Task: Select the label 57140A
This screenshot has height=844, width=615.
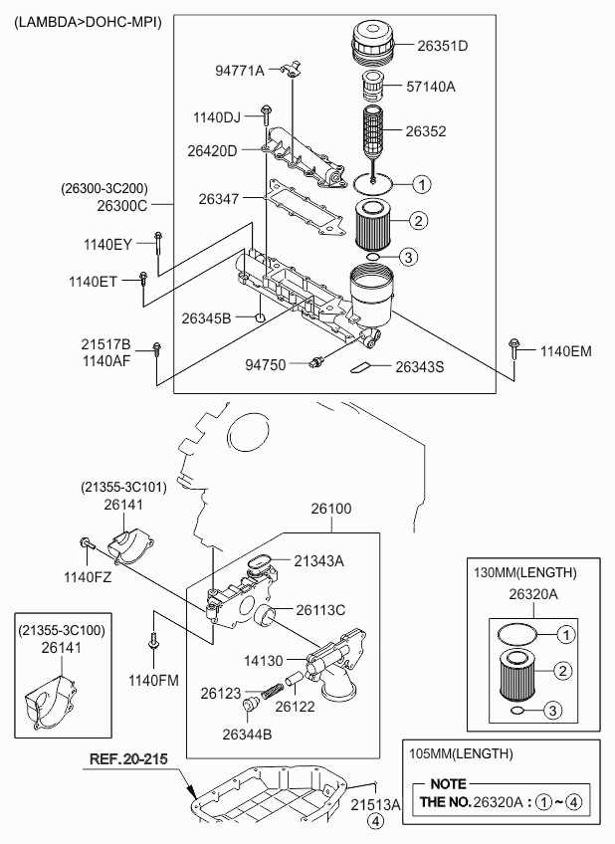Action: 430,87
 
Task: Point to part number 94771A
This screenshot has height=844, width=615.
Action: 240,71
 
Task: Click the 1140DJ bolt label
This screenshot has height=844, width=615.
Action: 217,118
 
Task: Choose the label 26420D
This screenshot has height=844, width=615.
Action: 212,151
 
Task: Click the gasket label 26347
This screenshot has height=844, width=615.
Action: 219,200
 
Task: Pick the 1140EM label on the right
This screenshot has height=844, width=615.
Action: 566,351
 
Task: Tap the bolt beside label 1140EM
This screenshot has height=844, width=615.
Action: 514,347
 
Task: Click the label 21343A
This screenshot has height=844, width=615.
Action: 317,561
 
